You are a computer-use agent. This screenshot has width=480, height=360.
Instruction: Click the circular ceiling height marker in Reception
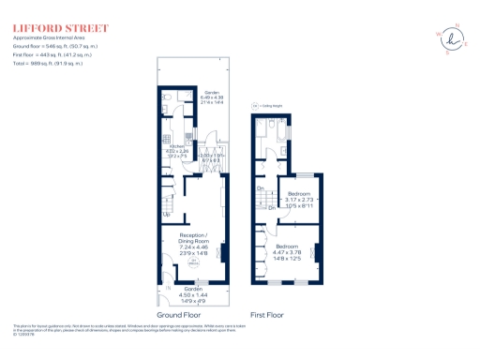[195, 263]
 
